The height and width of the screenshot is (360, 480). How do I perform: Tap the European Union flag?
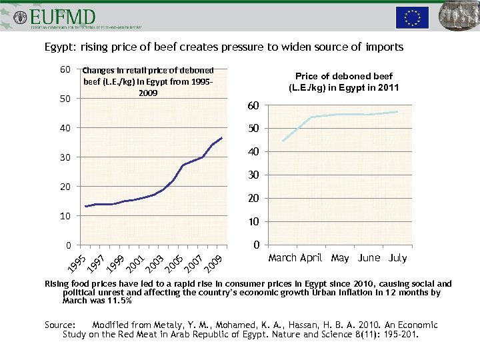coord(412,17)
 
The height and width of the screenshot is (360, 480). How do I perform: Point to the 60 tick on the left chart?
coord(65,70)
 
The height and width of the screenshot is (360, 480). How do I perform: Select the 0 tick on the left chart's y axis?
coord(68,245)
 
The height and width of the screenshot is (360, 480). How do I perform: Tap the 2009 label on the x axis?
coord(213,262)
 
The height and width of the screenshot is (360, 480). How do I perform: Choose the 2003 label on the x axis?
coord(155,262)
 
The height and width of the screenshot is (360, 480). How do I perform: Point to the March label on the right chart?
coord(283,258)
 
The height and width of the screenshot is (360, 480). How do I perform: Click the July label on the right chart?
coord(397,258)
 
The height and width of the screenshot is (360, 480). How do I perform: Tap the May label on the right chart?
coord(340,258)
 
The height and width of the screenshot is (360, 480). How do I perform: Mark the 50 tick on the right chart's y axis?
coord(253,129)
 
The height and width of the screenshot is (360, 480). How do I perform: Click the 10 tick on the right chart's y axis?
coord(253,221)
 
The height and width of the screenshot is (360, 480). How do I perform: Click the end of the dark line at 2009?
coord(222,138)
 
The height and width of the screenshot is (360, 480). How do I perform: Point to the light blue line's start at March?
coord(283,141)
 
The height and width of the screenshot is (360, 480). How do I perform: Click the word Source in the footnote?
coord(59,325)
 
